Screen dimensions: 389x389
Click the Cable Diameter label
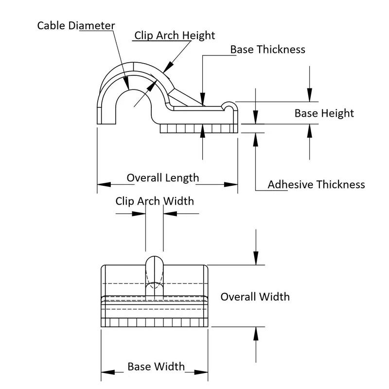(x=76, y=25)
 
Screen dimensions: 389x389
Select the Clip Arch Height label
(x=175, y=35)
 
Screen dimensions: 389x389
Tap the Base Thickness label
(x=267, y=49)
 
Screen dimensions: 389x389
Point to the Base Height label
(x=324, y=113)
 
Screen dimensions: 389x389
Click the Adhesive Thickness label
(x=316, y=184)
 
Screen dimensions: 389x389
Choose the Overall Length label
(x=163, y=177)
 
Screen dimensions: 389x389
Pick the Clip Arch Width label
(x=154, y=201)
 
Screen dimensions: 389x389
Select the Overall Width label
(x=255, y=296)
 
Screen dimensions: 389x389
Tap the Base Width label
(x=156, y=366)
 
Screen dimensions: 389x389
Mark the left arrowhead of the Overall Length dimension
(x=102, y=185)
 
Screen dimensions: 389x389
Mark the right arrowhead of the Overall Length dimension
(x=232, y=185)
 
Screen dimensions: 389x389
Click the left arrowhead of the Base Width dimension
(x=106, y=372)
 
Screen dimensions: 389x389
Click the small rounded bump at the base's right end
(x=230, y=106)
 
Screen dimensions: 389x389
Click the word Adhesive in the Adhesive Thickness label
(x=291, y=184)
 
